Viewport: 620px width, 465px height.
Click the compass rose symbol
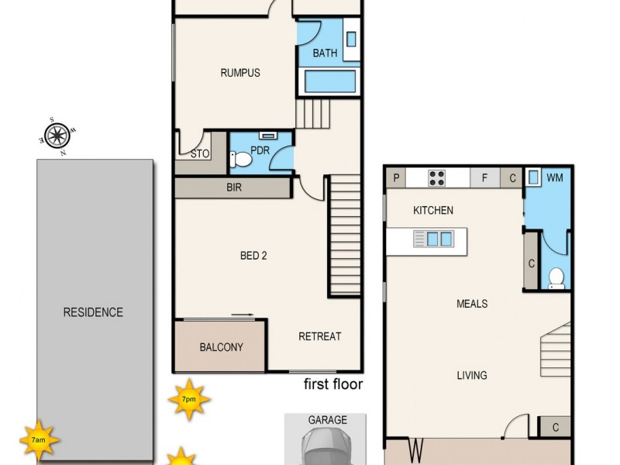click(57, 136)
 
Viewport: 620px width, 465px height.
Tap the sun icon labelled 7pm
click(188, 399)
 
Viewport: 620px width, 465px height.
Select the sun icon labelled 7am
click(39, 439)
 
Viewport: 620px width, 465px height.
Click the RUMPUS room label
click(239, 74)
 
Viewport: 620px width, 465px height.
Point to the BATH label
click(325, 53)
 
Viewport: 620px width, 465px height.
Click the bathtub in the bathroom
click(329, 82)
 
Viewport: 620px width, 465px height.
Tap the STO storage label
click(200, 154)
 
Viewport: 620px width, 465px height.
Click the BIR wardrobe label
click(234, 188)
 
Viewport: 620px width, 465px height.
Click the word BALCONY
click(221, 347)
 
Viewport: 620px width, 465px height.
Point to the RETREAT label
click(319, 336)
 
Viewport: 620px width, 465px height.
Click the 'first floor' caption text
click(332, 384)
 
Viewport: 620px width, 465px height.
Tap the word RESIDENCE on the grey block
click(93, 313)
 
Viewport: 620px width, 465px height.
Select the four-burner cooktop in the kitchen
click(437, 177)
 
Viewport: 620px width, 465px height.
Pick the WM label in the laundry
click(554, 177)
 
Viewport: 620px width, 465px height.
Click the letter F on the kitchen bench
click(485, 177)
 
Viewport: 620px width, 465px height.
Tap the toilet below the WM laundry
click(556, 278)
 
